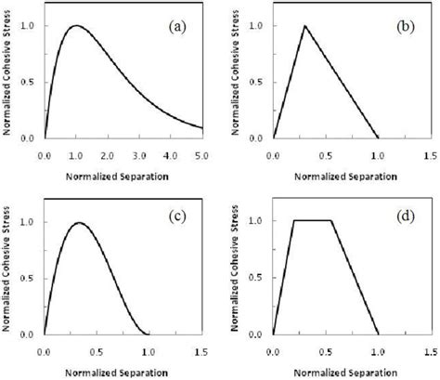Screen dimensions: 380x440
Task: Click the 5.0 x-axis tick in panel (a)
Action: (x=203, y=151)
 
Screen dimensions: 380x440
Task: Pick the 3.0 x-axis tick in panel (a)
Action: (x=140, y=151)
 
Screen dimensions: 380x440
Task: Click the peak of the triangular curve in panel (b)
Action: (x=304, y=25)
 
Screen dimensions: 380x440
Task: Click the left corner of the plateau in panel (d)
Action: (x=293, y=221)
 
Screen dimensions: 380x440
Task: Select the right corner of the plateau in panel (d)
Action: (x=330, y=221)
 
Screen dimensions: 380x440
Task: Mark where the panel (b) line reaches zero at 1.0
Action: (x=378, y=138)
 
